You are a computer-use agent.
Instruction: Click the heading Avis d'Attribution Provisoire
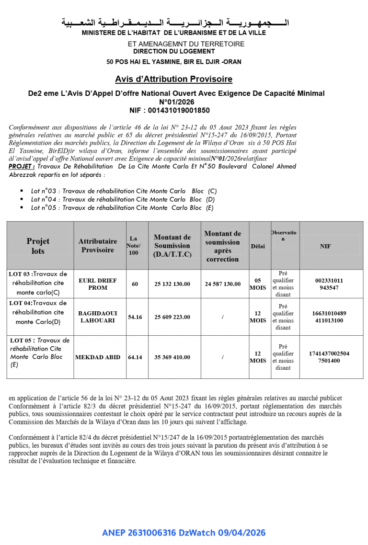tap(173, 79)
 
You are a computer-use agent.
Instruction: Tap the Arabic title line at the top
tap(175, 23)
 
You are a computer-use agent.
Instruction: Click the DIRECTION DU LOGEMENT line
tap(174, 51)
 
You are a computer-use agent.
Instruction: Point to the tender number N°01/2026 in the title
tap(176, 102)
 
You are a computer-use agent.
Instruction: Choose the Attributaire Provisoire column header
tap(98, 246)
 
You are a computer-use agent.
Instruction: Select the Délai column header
tap(257, 246)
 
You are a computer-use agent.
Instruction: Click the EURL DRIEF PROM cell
tap(98, 284)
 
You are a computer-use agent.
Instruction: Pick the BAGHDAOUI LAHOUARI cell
tap(98, 317)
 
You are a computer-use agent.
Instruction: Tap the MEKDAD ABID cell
tap(98, 357)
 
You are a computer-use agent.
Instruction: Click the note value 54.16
tap(135, 317)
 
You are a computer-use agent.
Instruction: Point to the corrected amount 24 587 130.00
tap(223, 284)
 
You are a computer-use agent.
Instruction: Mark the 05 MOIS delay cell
tap(257, 284)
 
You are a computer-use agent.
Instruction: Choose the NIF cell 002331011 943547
tap(329, 284)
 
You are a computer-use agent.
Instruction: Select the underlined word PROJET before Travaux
tap(21, 166)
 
